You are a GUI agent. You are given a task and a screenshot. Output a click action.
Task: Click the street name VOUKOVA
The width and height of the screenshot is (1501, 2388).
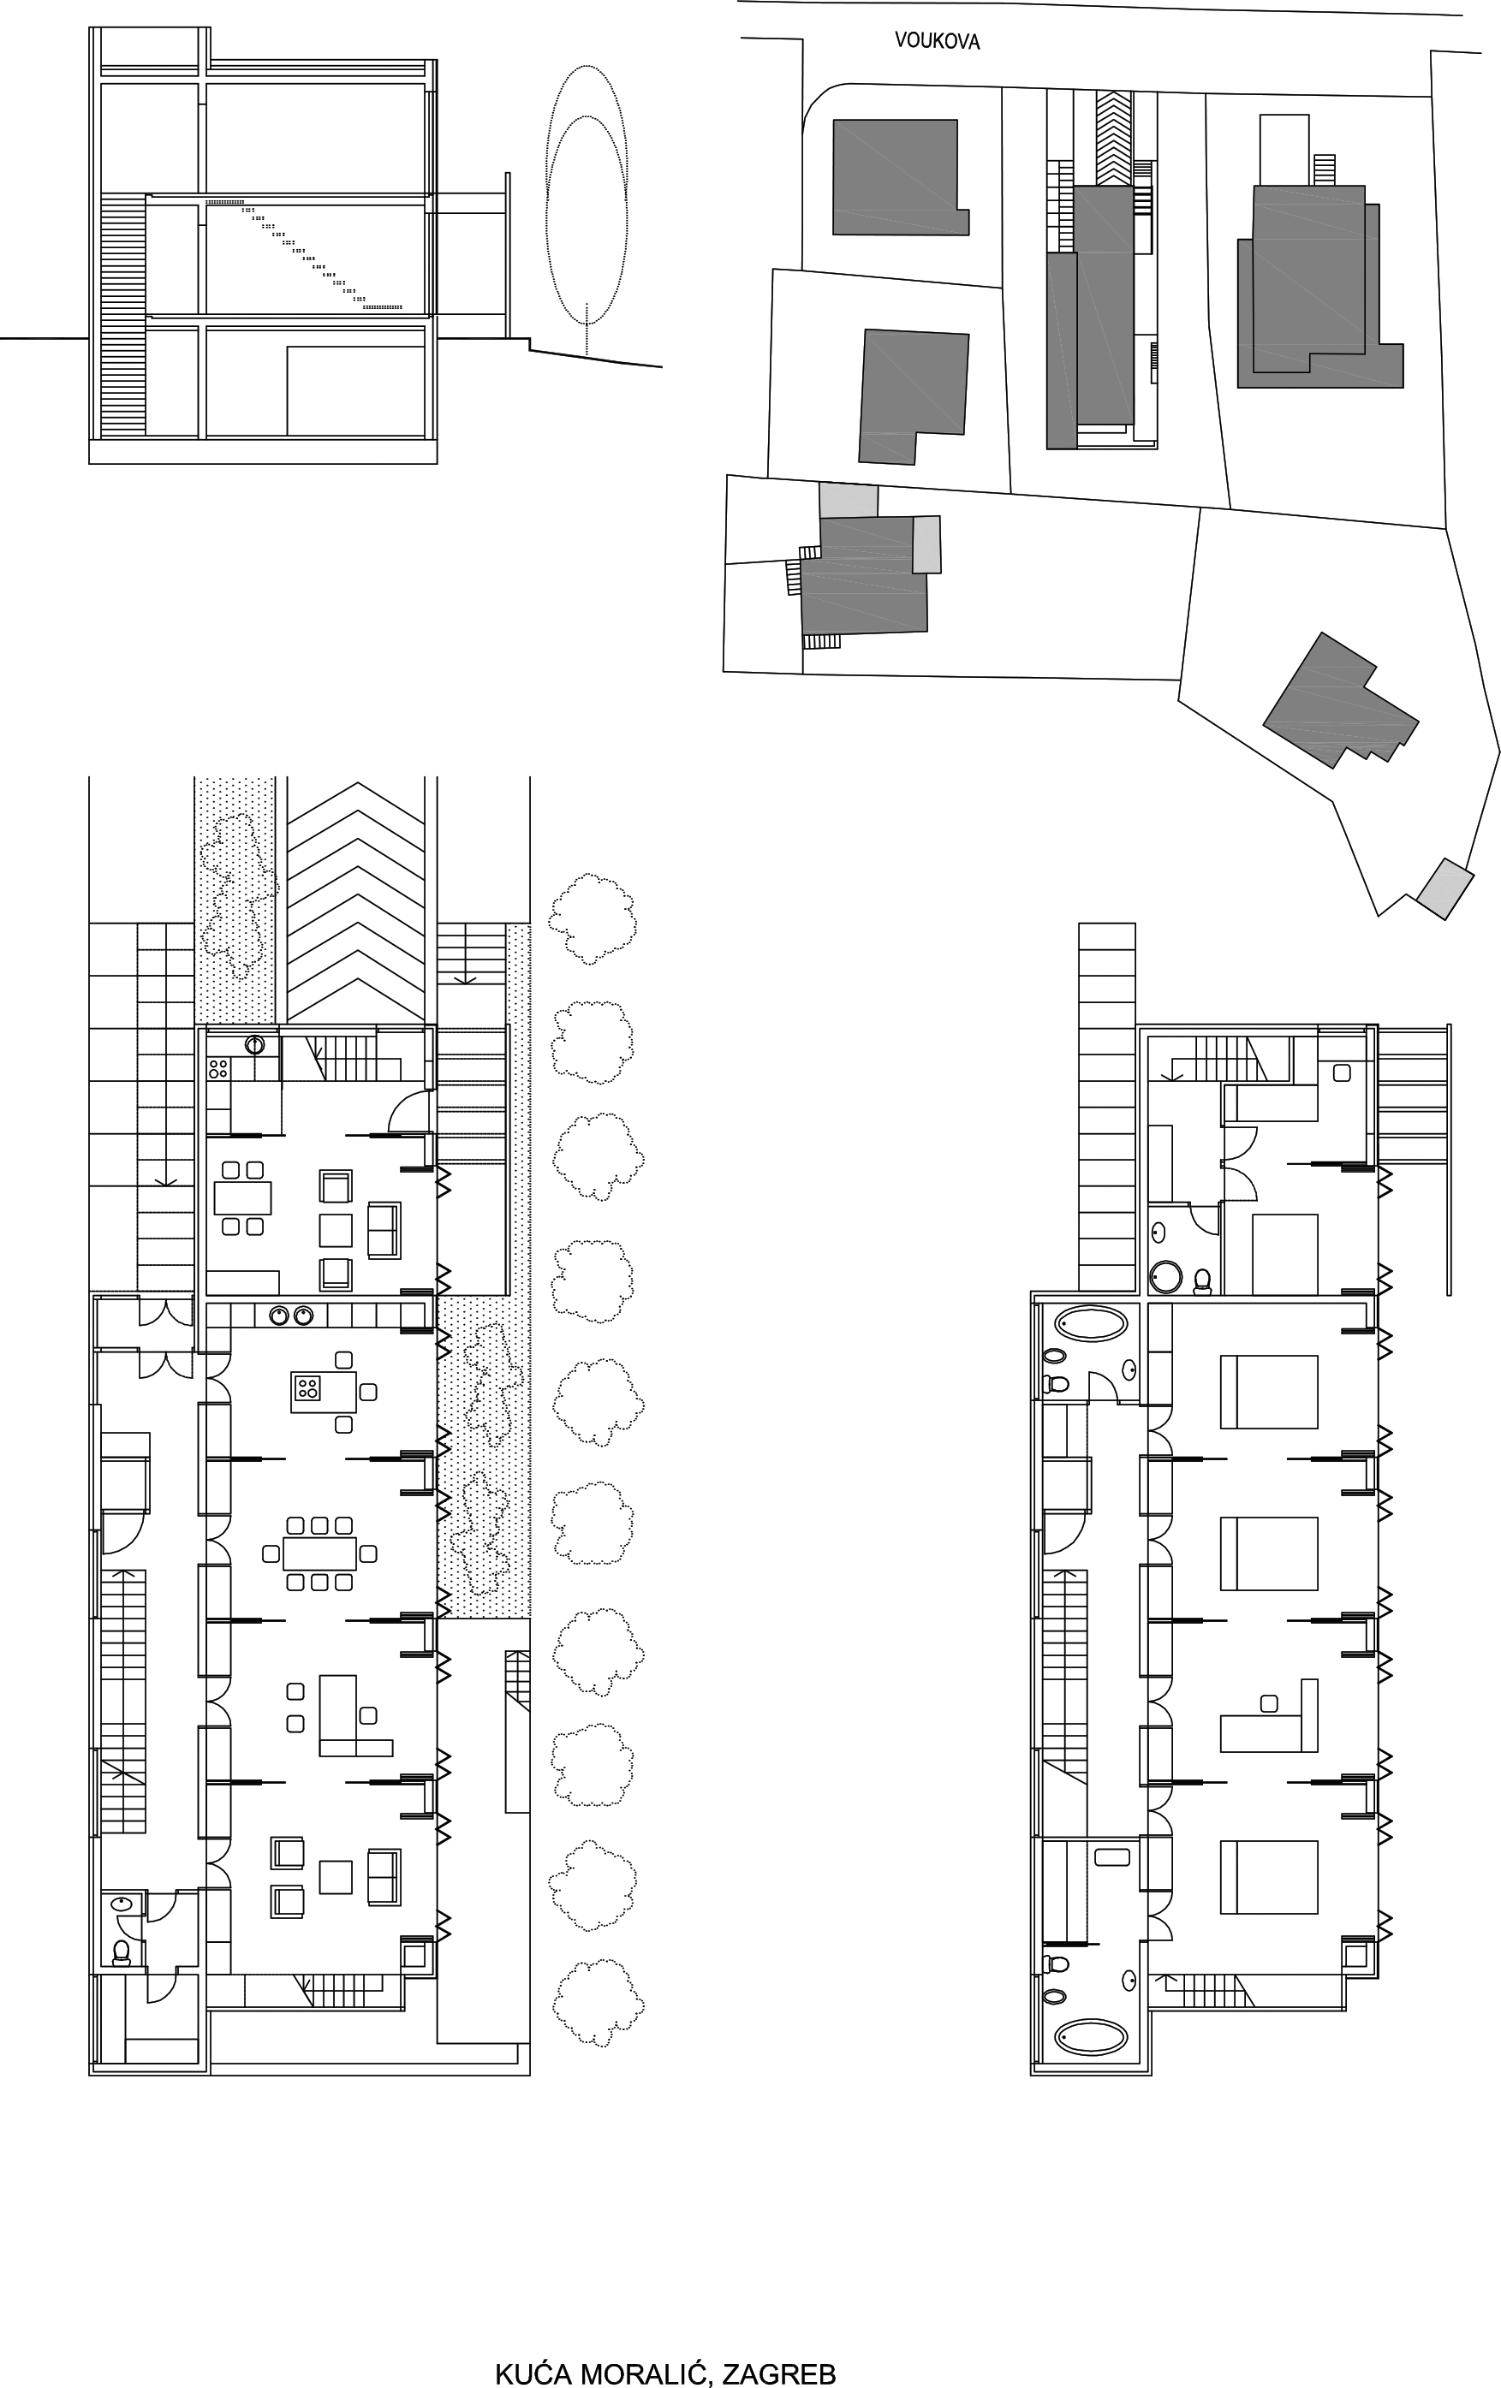coord(938,41)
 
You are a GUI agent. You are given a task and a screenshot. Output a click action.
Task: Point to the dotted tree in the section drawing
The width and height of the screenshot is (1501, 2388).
coord(587,208)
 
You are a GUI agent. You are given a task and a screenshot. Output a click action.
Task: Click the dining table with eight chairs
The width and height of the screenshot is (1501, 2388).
coord(319,1553)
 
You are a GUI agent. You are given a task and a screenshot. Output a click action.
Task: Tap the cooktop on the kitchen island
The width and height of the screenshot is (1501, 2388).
coord(307,1387)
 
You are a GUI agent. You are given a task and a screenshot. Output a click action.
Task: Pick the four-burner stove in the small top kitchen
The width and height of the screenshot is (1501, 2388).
coord(218,1068)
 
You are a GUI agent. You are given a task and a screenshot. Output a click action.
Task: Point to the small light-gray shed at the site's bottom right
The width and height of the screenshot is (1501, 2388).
coord(1444,888)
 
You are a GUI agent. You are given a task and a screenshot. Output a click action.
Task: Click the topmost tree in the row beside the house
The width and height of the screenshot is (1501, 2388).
coord(593,918)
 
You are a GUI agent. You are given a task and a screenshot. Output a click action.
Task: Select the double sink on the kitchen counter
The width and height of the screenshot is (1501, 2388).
coord(290,1316)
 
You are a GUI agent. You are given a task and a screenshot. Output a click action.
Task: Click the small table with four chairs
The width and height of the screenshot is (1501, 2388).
coord(243,1198)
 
